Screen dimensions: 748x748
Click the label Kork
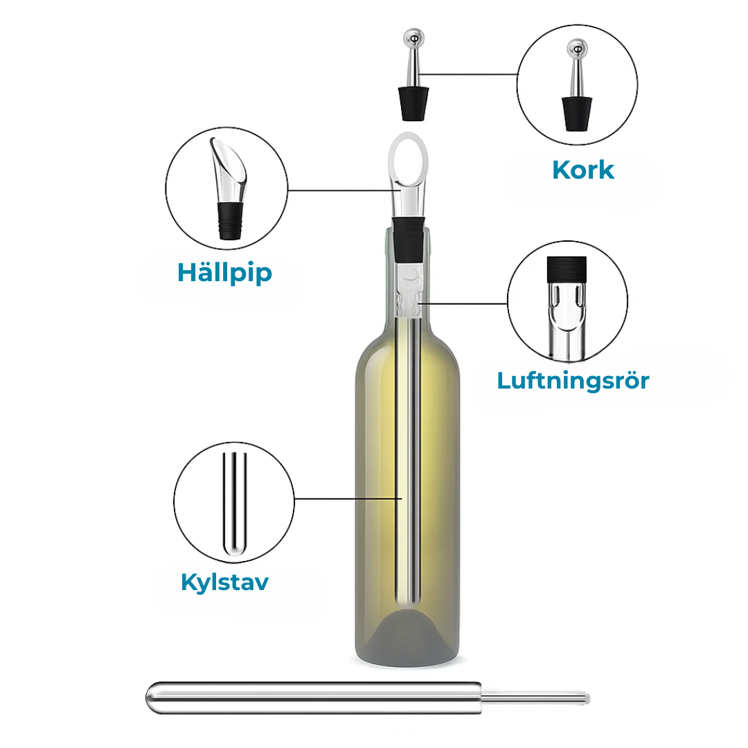(583, 170)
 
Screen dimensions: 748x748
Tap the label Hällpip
(225, 272)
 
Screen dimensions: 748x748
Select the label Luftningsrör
(573, 380)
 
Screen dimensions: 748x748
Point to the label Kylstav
(224, 582)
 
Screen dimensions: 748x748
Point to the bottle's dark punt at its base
(409, 634)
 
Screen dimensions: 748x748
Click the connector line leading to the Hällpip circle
(339, 190)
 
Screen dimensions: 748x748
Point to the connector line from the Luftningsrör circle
(464, 303)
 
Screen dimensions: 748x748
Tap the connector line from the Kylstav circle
(346, 498)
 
